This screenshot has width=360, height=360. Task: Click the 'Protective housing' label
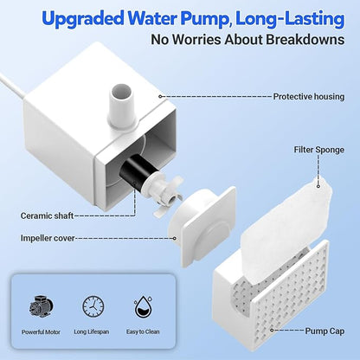[309, 97]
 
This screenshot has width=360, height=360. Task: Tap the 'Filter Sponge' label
[319, 150]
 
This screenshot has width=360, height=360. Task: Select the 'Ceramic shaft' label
[47, 215]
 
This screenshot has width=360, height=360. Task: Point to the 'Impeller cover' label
[48, 238]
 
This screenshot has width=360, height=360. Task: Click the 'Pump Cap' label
[325, 331]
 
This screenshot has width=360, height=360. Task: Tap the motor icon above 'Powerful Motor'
[42, 307]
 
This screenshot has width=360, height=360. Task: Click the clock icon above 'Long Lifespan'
[93, 306]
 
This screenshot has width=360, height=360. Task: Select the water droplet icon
[143, 307]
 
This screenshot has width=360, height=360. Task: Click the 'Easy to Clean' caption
[143, 331]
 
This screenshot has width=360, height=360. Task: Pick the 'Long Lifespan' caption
[92, 331]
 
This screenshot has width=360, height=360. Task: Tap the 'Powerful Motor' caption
[41, 332]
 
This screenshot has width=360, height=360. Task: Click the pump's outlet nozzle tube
[122, 106]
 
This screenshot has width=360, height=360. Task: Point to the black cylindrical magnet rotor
[137, 175]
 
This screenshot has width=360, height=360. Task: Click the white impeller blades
[169, 196]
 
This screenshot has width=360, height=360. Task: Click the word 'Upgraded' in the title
[83, 19]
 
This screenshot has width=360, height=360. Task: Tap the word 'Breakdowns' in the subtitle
[305, 40]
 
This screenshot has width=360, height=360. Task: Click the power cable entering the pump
[13, 86]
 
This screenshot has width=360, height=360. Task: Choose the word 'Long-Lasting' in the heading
[290, 19]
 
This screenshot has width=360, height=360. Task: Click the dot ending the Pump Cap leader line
[272, 330]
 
